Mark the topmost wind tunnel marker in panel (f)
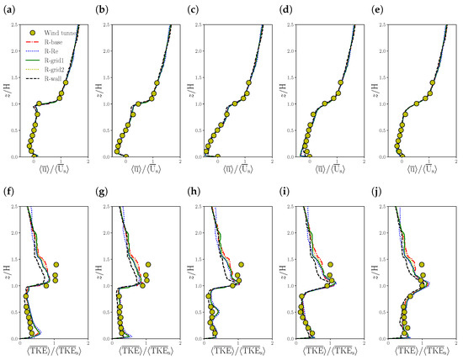tap(56, 263)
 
